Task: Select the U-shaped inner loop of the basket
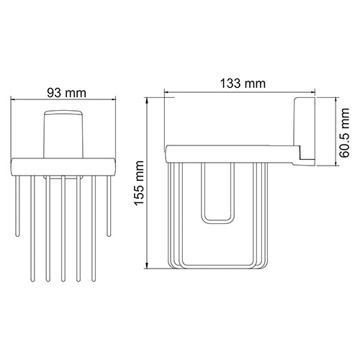tap(217, 198)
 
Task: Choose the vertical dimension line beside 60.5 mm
tap(336, 137)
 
